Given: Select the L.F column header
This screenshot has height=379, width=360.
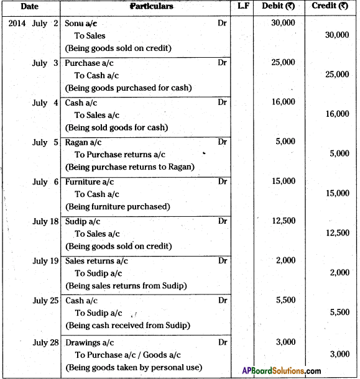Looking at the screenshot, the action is pyautogui.click(x=244, y=6).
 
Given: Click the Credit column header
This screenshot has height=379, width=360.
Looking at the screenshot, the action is pyautogui.click(x=332, y=6).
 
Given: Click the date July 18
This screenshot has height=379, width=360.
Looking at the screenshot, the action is pyautogui.click(x=45, y=221).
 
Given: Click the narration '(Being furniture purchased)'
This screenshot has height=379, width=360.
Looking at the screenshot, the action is pyautogui.click(x=118, y=207).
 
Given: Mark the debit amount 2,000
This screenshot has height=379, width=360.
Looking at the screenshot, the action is pyautogui.click(x=285, y=261).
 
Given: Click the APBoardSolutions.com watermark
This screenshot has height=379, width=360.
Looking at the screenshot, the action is pyautogui.click(x=281, y=370).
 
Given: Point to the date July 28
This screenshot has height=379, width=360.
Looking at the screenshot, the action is pyautogui.click(x=45, y=341).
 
